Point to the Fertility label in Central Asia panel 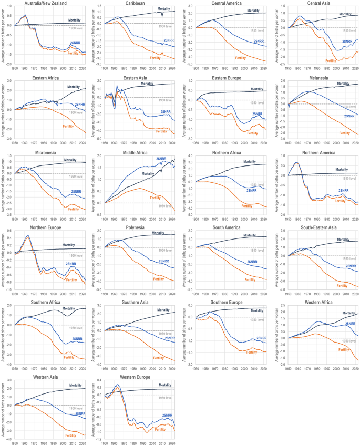click(331, 61)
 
